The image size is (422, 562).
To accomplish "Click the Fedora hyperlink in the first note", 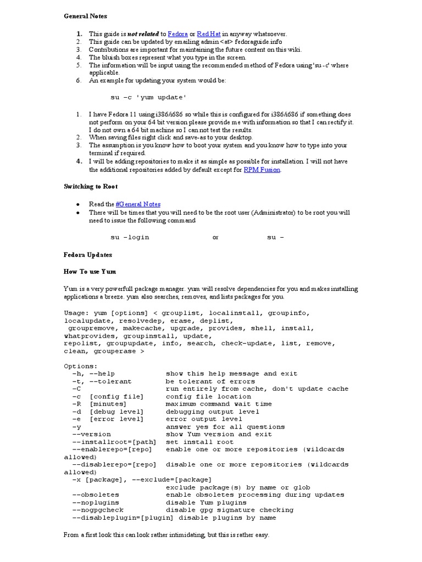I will [x=177, y=34].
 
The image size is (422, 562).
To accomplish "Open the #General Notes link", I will [x=138, y=204].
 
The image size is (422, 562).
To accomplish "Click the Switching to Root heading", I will [x=91, y=187].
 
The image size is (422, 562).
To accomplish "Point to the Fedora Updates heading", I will [x=88, y=255].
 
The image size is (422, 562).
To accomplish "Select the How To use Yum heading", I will [x=90, y=271].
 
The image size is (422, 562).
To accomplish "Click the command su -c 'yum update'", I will [x=148, y=97].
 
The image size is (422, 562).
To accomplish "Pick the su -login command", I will [x=130, y=238].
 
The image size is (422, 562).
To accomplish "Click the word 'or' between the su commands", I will [x=215, y=238].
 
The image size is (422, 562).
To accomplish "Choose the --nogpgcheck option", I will [x=97, y=510].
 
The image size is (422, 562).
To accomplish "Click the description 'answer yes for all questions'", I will [x=225, y=426].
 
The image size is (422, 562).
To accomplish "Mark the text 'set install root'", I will [x=199, y=442].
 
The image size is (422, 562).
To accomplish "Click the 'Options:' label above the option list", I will [x=81, y=366].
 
